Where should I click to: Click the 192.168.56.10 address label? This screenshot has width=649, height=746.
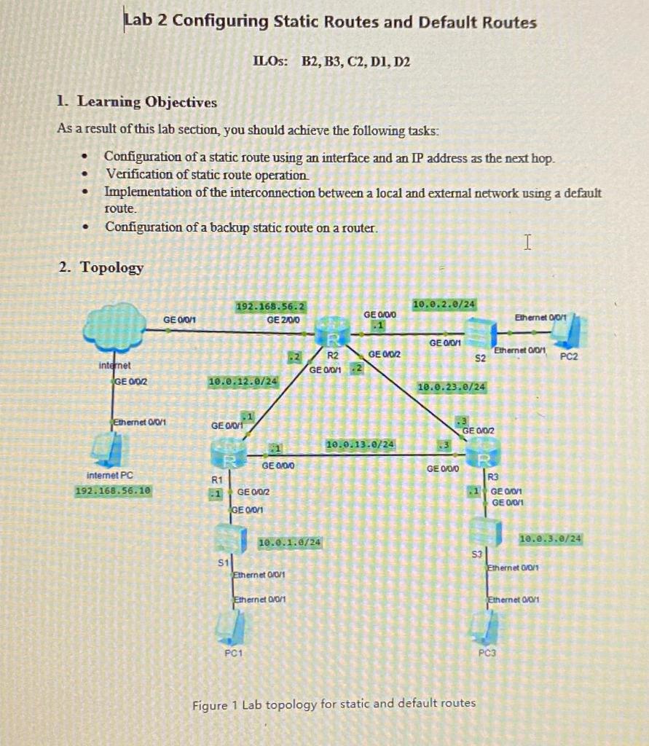(x=113, y=490)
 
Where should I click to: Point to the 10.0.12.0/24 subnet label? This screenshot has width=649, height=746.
(x=243, y=381)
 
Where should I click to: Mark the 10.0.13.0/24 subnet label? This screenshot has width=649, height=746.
(x=361, y=444)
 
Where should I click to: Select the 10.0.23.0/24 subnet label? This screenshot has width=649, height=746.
(x=452, y=387)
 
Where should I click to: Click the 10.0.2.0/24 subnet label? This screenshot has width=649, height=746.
(x=444, y=303)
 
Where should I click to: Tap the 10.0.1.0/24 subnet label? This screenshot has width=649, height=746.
(x=291, y=542)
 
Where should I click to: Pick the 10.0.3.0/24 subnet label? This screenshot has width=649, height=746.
(x=551, y=538)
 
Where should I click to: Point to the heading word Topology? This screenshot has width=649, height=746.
(x=111, y=267)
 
